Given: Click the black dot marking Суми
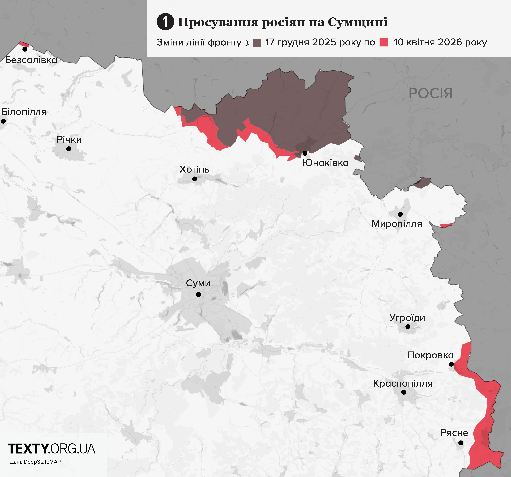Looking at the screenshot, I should pos(198,294).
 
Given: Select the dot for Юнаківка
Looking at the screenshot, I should pos(305,153).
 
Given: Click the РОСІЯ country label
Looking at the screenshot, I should pos(431,93).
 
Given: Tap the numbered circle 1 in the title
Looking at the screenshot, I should pos(165,22).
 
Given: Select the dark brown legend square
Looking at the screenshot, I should pos(257,43).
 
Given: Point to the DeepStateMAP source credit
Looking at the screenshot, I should pos(35,462).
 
